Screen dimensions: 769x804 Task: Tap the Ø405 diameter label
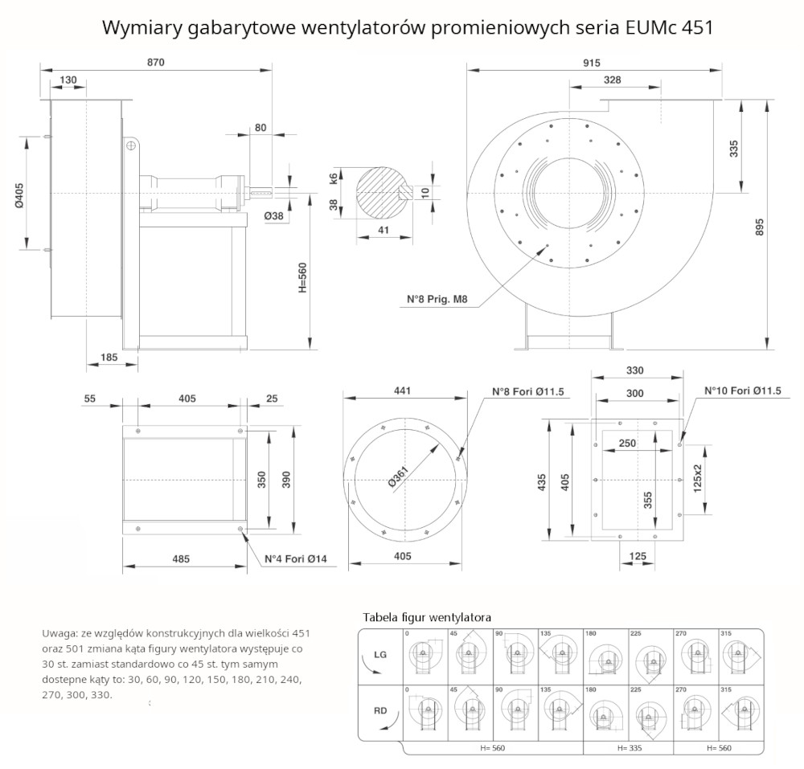coord(19,194)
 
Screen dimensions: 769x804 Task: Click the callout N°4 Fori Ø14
coord(301,558)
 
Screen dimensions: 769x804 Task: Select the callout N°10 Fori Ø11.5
coord(744,391)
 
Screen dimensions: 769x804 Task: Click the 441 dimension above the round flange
coord(403,391)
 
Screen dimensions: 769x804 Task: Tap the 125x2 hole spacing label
coord(697,477)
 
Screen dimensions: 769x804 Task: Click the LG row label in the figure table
coord(380,654)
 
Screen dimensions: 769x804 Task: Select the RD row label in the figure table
coord(380,710)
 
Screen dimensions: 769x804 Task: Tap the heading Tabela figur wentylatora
coord(427,617)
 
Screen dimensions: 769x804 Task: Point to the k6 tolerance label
coord(334,178)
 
